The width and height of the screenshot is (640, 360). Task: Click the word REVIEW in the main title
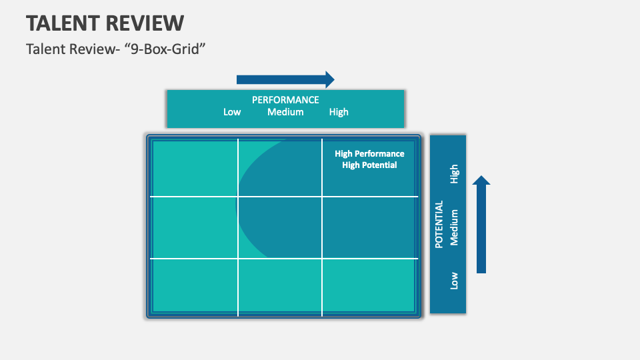pos(145,23)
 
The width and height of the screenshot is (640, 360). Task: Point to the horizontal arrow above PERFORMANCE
pos(285,80)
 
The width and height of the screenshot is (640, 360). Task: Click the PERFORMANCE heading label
pos(285,100)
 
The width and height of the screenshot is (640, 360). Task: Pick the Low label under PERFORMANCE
pos(232,112)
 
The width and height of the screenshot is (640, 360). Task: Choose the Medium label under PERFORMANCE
pos(285,112)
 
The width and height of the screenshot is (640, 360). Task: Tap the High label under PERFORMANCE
pos(339,112)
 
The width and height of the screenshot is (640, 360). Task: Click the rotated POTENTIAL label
pos(439,225)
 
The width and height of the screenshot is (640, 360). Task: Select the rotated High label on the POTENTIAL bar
pos(455,174)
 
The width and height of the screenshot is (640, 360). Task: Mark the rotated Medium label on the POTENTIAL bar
pos(455,227)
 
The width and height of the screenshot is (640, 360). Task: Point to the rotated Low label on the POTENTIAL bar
pos(455,281)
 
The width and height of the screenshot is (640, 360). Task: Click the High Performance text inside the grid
pos(369,153)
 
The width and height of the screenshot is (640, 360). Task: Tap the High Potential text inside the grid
pos(369,165)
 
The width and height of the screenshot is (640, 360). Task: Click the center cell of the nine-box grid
pos(280,227)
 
